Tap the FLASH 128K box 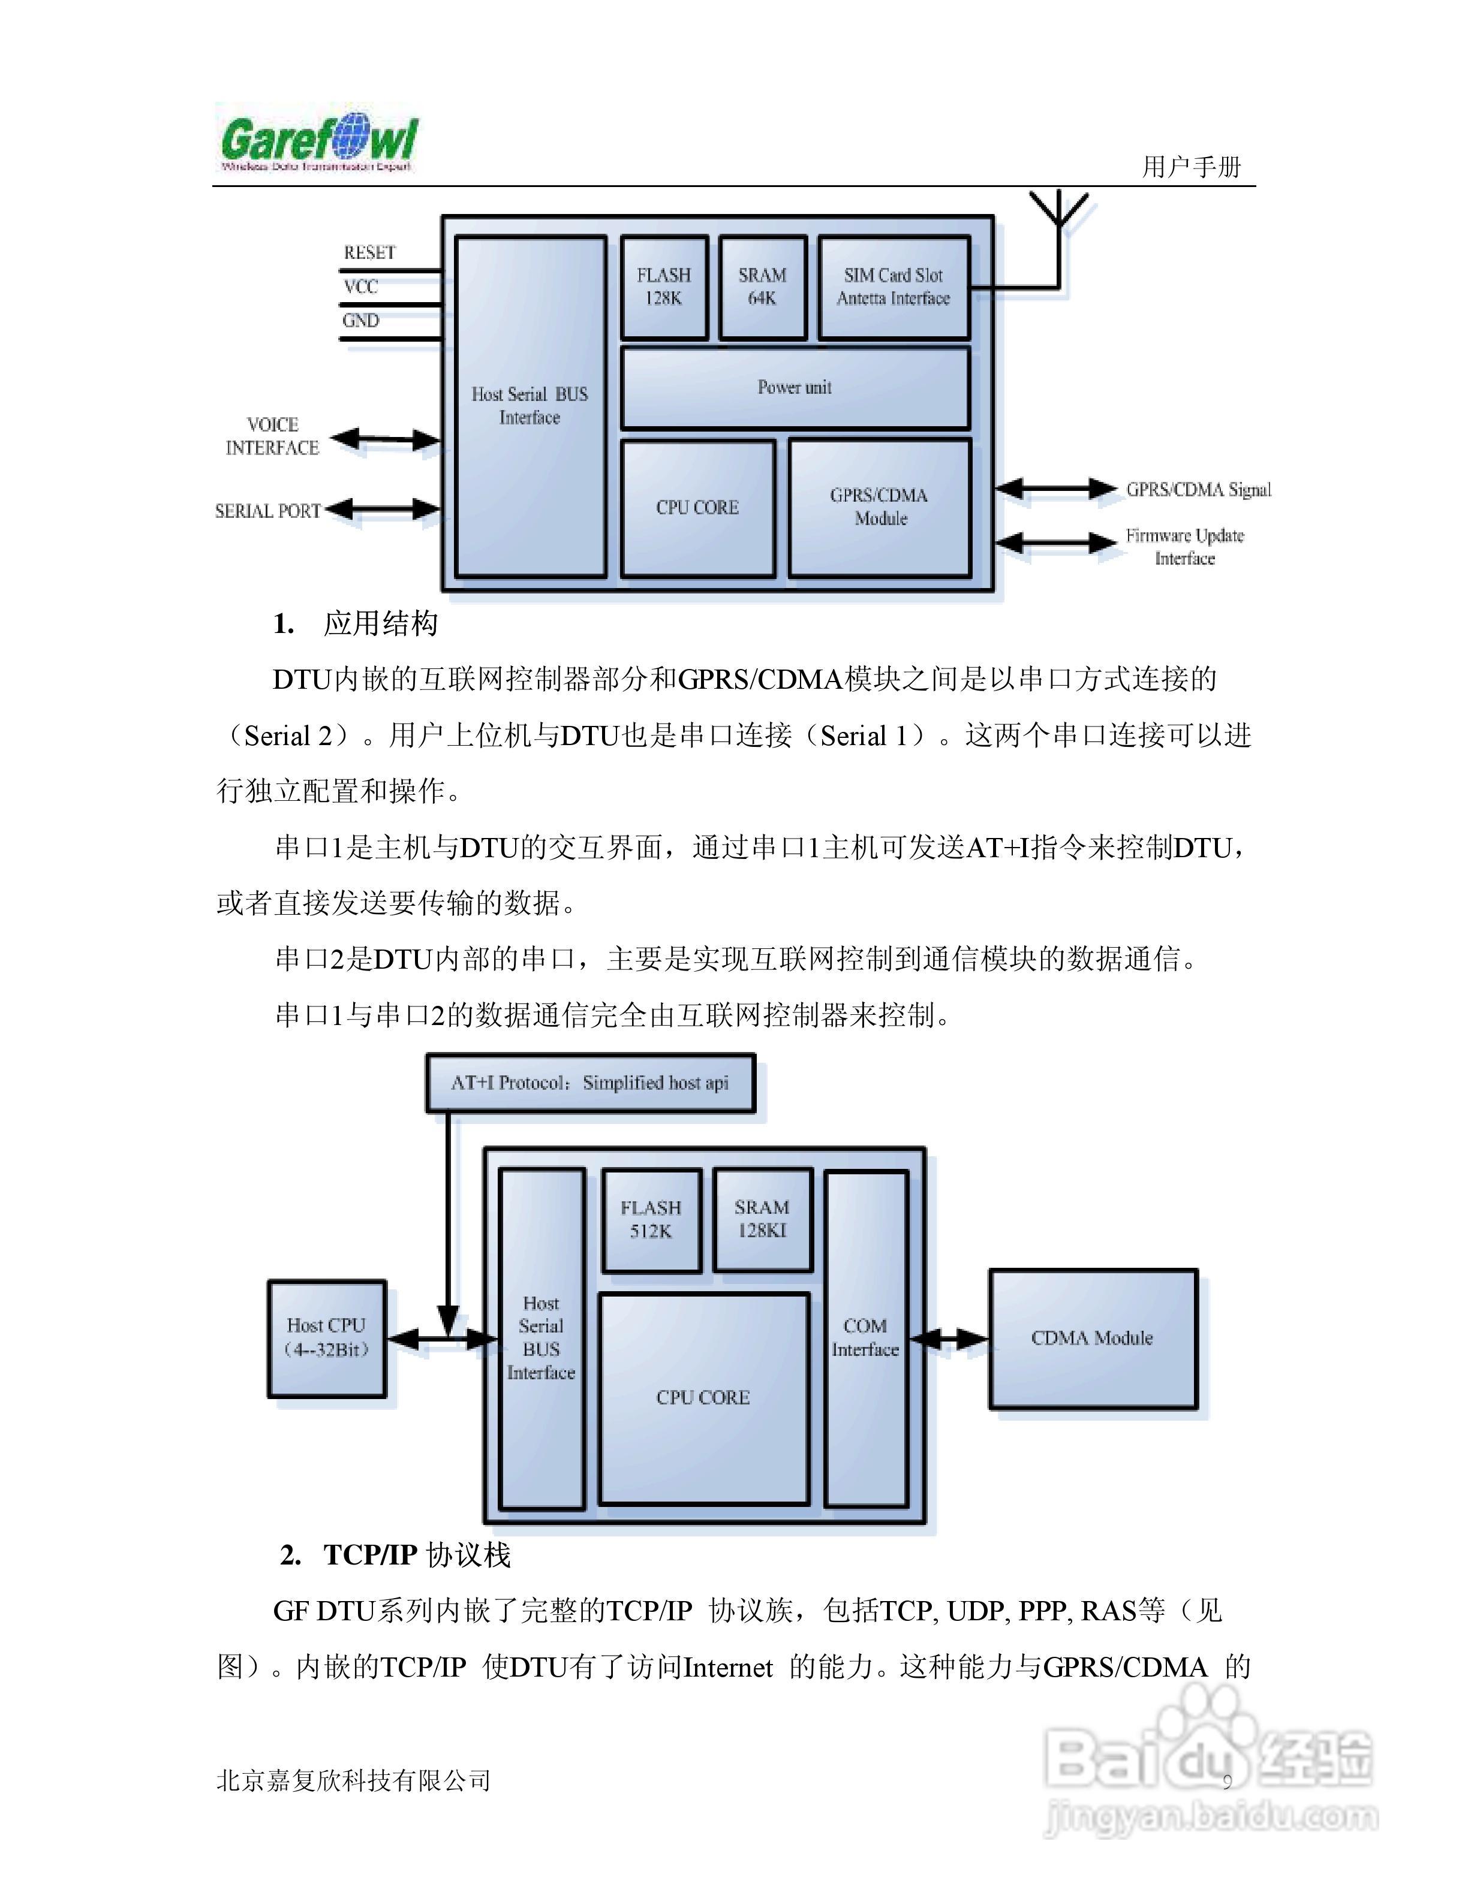click(x=664, y=287)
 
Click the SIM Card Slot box click(x=893, y=287)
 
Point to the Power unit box click(x=794, y=388)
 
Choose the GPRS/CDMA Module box click(x=879, y=507)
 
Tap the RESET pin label click(x=369, y=253)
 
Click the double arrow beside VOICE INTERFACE click(x=385, y=439)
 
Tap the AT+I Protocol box click(x=589, y=1083)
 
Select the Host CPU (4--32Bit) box click(x=326, y=1338)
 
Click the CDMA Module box click(x=1092, y=1338)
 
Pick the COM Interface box click(x=865, y=1338)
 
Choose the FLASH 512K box click(x=651, y=1220)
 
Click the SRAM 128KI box click(x=762, y=1219)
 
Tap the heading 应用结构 click(x=380, y=624)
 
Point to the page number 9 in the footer click(x=1227, y=1782)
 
